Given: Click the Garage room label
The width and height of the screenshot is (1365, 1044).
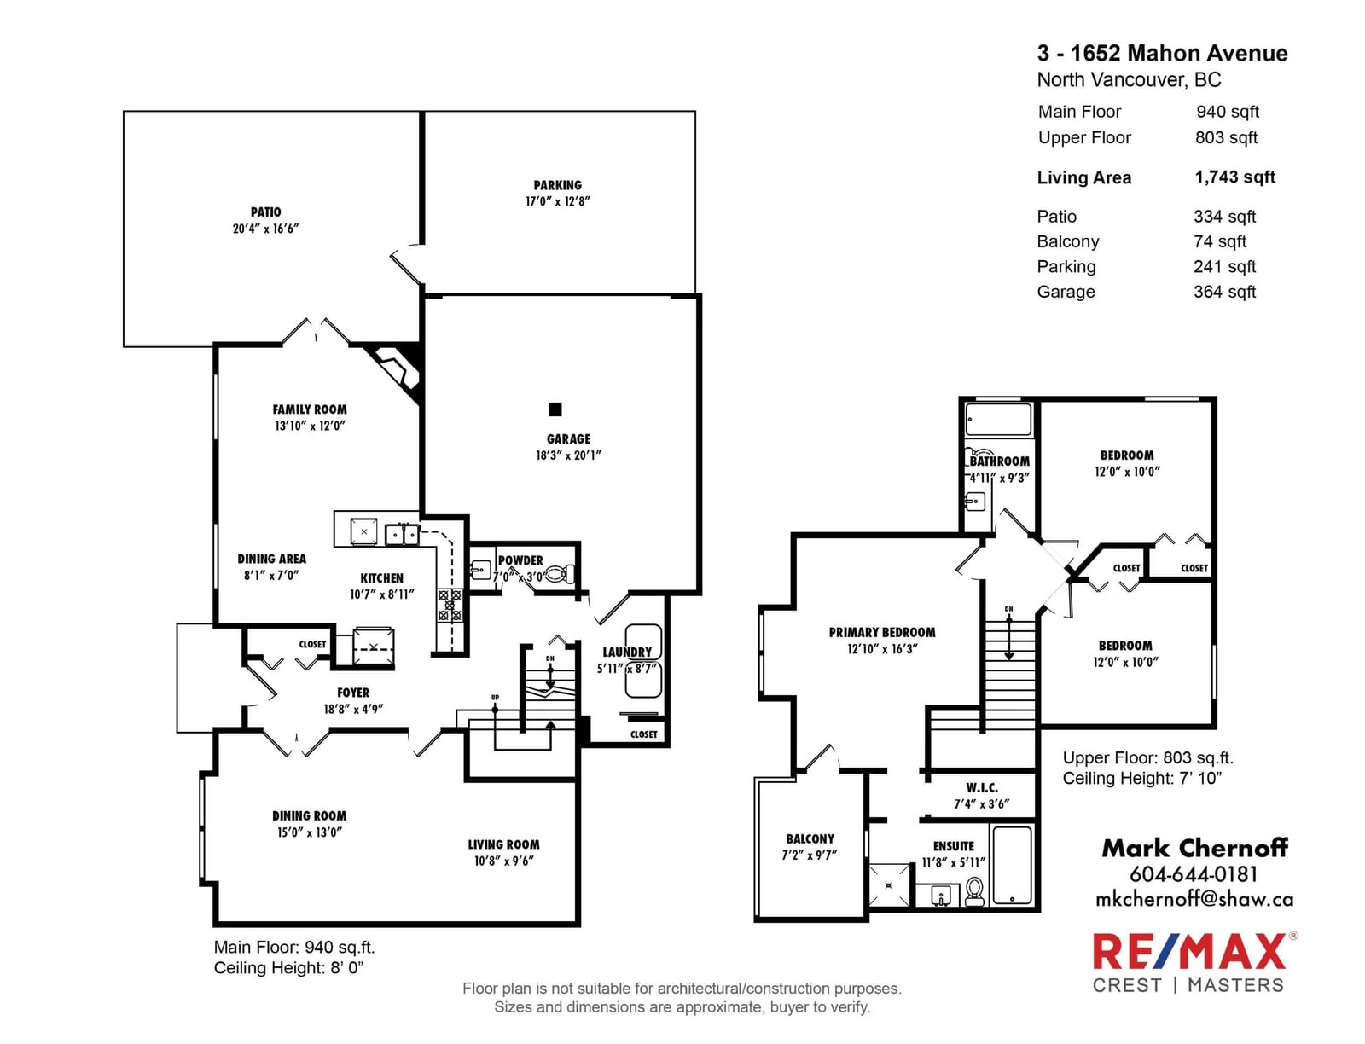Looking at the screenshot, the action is click(x=568, y=438).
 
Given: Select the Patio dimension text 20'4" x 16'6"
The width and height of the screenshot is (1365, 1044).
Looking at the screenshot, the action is click(x=265, y=229).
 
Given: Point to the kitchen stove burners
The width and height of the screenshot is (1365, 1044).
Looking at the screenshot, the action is click(x=450, y=605).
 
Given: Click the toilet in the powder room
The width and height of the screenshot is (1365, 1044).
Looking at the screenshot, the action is click(x=562, y=572).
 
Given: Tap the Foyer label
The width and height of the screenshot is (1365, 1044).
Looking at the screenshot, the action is click(x=353, y=693).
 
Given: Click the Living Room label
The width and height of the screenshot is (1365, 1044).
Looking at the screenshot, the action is click(x=503, y=844).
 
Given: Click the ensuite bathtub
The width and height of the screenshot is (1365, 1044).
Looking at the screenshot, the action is click(x=1012, y=865).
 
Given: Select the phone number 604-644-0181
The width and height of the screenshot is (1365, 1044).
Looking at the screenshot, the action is click(x=1194, y=874).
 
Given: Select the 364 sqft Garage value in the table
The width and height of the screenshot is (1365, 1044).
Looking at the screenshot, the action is click(x=1224, y=292).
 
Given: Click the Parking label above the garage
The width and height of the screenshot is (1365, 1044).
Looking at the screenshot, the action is click(x=557, y=185).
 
